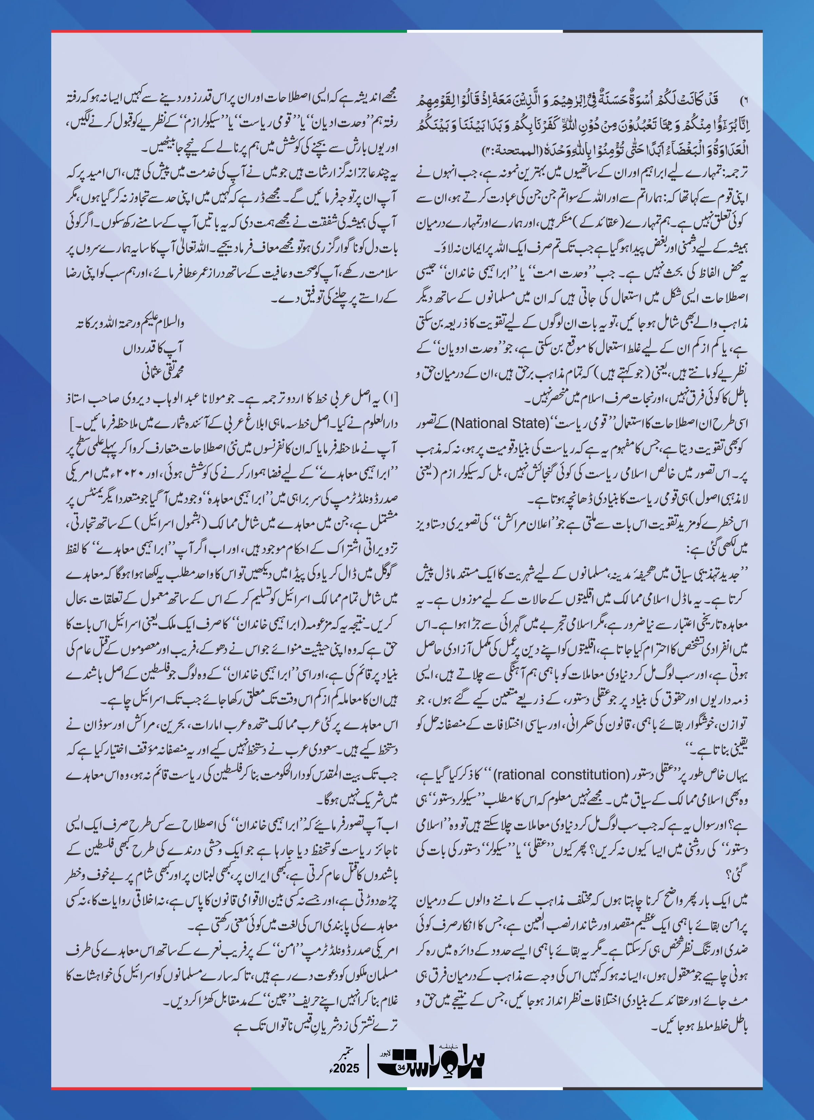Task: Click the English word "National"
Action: point(476,423)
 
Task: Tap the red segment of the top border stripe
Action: point(151,31)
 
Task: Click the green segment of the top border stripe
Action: point(329,31)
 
